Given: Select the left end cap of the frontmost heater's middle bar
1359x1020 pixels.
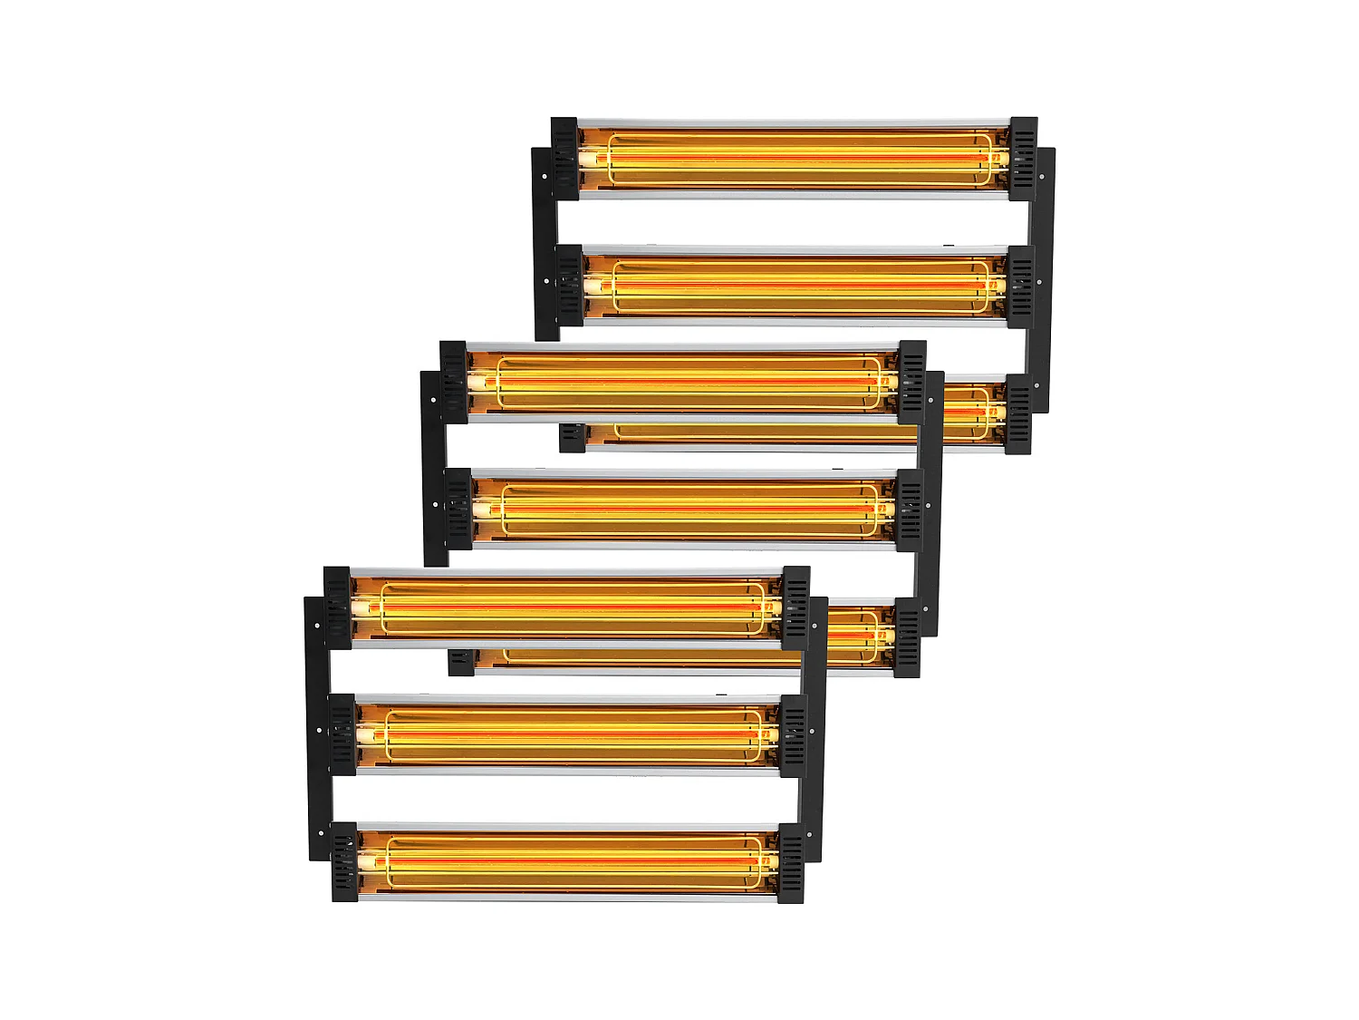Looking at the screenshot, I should [x=342, y=734].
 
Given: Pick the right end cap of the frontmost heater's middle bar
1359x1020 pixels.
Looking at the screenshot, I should [x=793, y=734].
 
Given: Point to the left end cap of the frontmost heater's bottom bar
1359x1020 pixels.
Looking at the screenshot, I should [x=344, y=861].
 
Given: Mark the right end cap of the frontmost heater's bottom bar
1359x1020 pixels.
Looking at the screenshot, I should [x=791, y=861].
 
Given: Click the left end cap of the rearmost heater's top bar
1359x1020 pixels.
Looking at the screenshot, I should [x=564, y=157].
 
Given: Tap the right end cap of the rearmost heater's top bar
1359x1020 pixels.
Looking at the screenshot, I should [x=1024, y=157].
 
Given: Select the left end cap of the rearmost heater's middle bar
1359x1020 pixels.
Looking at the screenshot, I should [x=570, y=285].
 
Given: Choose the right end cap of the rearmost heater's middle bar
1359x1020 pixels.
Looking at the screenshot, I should [x=1020, y=285].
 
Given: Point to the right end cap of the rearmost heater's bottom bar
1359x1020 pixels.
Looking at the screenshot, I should [x=1018, y=413].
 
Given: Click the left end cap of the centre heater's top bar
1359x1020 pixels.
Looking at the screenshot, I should [x=453, y=381].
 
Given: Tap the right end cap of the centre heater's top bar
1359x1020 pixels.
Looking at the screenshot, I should [x=911, y=381].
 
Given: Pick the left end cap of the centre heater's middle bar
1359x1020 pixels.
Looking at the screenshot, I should [x=458, y=509].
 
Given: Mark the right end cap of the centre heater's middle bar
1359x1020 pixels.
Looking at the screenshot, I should [x=909, y=509].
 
